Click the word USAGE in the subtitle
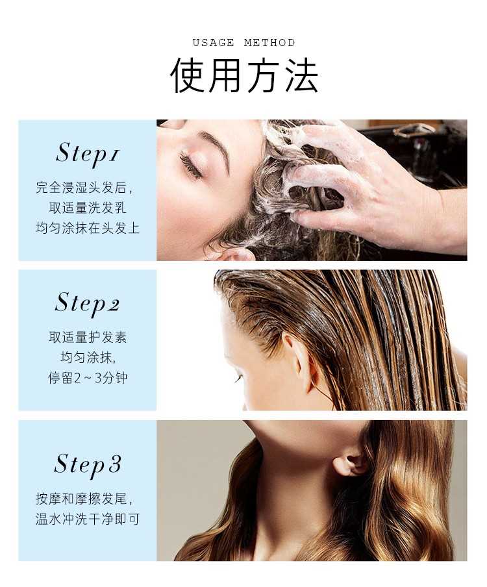(x=214, y=43)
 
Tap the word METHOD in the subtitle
(x=269, y=43)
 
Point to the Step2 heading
(x=87, y=304)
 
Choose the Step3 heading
(x=87, y=464)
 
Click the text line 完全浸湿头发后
(x=84, y=187)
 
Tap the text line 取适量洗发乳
(x=88, y=208)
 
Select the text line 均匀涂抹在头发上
(x=88, y=228)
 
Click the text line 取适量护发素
(x=88, y=337)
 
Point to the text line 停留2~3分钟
(x=88, y=378)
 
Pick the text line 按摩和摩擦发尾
(x=84, y=499)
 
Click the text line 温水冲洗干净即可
(x=88, y=519)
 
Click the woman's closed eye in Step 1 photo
(x=192, y=165)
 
